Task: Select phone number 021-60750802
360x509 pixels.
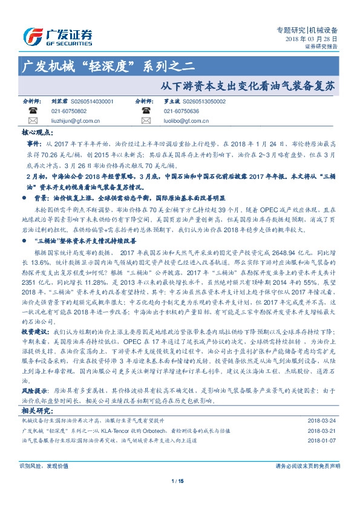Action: click(x=69, y=111)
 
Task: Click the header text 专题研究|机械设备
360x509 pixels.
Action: click(x=311, y=29)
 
